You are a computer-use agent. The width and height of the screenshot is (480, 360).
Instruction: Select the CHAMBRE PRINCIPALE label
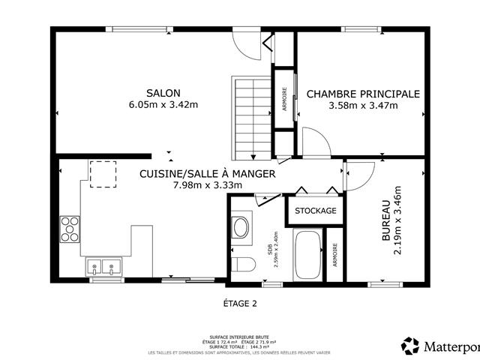363,94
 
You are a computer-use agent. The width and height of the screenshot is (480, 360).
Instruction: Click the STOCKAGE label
316,211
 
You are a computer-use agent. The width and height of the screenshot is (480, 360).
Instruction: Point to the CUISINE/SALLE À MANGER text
208,173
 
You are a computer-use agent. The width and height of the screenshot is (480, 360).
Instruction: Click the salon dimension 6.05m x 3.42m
163,106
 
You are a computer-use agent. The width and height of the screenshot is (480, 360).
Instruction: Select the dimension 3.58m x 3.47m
363,106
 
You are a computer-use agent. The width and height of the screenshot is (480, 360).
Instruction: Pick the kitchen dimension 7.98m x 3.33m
208,185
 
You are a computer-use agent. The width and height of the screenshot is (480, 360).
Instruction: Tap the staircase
252,116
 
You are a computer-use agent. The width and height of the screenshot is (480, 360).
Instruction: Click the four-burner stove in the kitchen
70,229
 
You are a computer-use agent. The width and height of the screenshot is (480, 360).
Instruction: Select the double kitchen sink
103,265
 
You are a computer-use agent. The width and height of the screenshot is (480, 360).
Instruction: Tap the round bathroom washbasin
241,227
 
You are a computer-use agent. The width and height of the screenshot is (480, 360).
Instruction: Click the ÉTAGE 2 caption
240,304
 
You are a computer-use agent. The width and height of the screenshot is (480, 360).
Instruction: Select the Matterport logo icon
410,346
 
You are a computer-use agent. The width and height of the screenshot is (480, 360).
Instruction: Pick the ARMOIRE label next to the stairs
284,100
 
